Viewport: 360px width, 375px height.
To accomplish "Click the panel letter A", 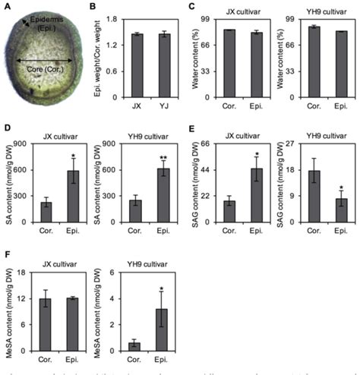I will point(7,8).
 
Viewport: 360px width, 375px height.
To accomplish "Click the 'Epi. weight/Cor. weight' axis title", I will point(107,55).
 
